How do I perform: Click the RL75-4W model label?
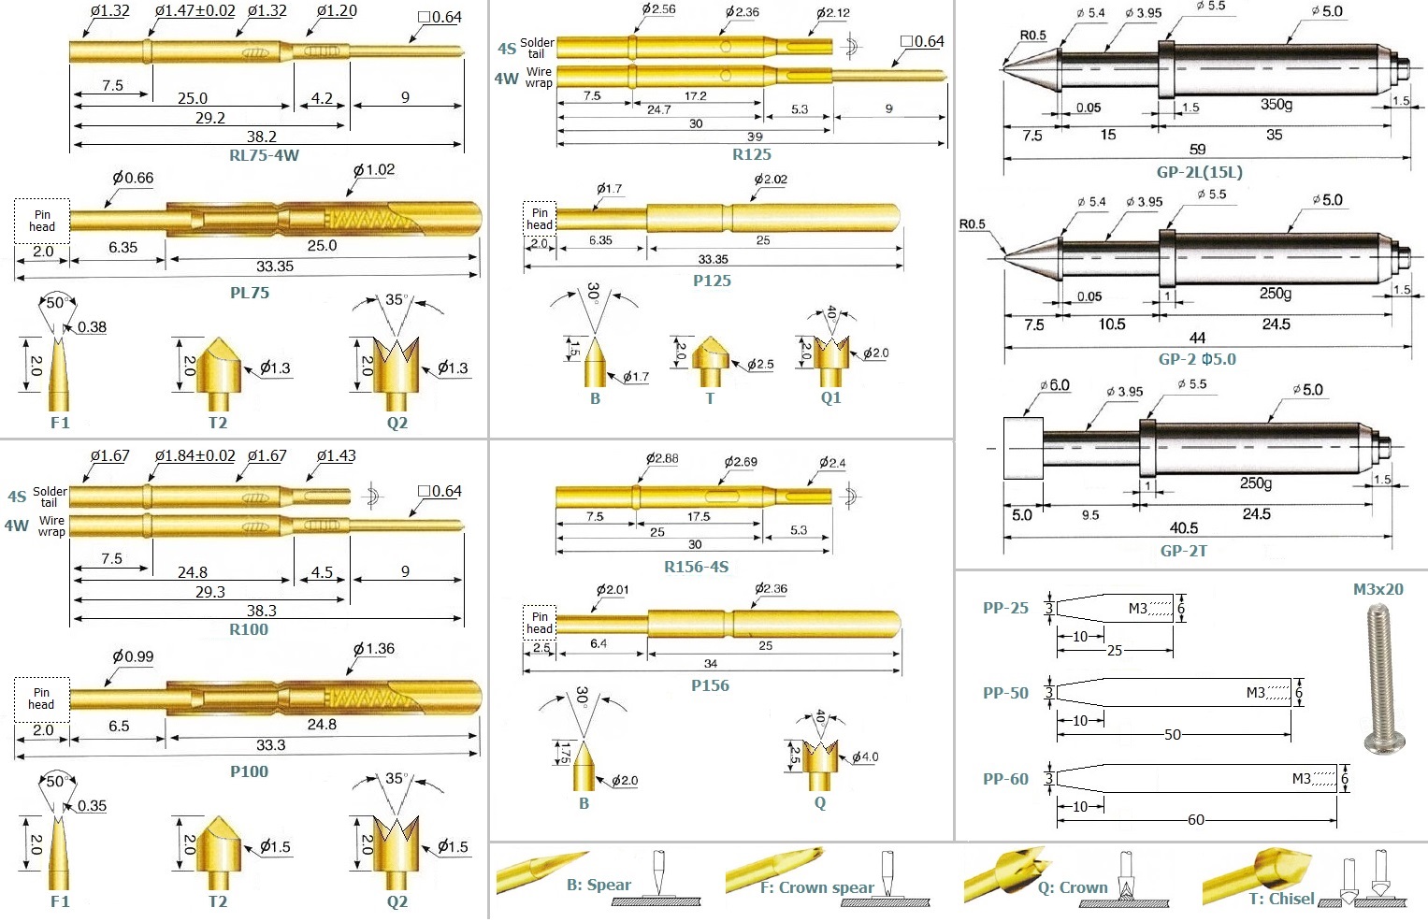[264, 155]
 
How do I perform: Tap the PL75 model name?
[250, 293]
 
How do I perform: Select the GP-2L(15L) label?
[1199, 172]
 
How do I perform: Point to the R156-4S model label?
[696, 567]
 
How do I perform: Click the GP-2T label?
[1184, 550]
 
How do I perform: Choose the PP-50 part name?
[1005, 693]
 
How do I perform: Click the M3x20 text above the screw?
[1378, 589]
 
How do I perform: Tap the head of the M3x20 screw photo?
[1385, 743]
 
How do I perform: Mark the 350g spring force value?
[1277, 104]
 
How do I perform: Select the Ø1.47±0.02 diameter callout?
[195, 11]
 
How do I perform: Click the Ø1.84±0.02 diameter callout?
[195, 456]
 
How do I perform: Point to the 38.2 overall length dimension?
[261, 137]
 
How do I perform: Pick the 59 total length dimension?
[1197, 150]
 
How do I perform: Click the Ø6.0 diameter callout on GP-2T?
[1055, 385]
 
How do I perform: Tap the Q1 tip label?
[830, 397]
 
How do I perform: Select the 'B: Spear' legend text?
[599, 885]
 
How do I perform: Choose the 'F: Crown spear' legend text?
[816, 887]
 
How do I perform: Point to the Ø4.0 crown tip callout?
[865, 756]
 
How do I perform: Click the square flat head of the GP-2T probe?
[1023, 448]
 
